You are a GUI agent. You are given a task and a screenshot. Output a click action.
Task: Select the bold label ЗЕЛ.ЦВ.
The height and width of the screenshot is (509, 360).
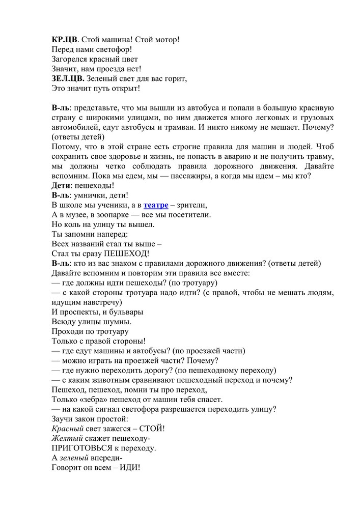tap(68, 79)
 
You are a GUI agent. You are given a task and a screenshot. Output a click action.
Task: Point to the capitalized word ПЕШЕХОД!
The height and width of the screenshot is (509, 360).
tap(127, 253)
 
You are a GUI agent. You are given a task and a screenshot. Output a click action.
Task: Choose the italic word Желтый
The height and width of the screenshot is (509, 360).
tap(66, 438)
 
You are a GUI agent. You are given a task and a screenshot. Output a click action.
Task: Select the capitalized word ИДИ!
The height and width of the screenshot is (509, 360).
tap(130, 468)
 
